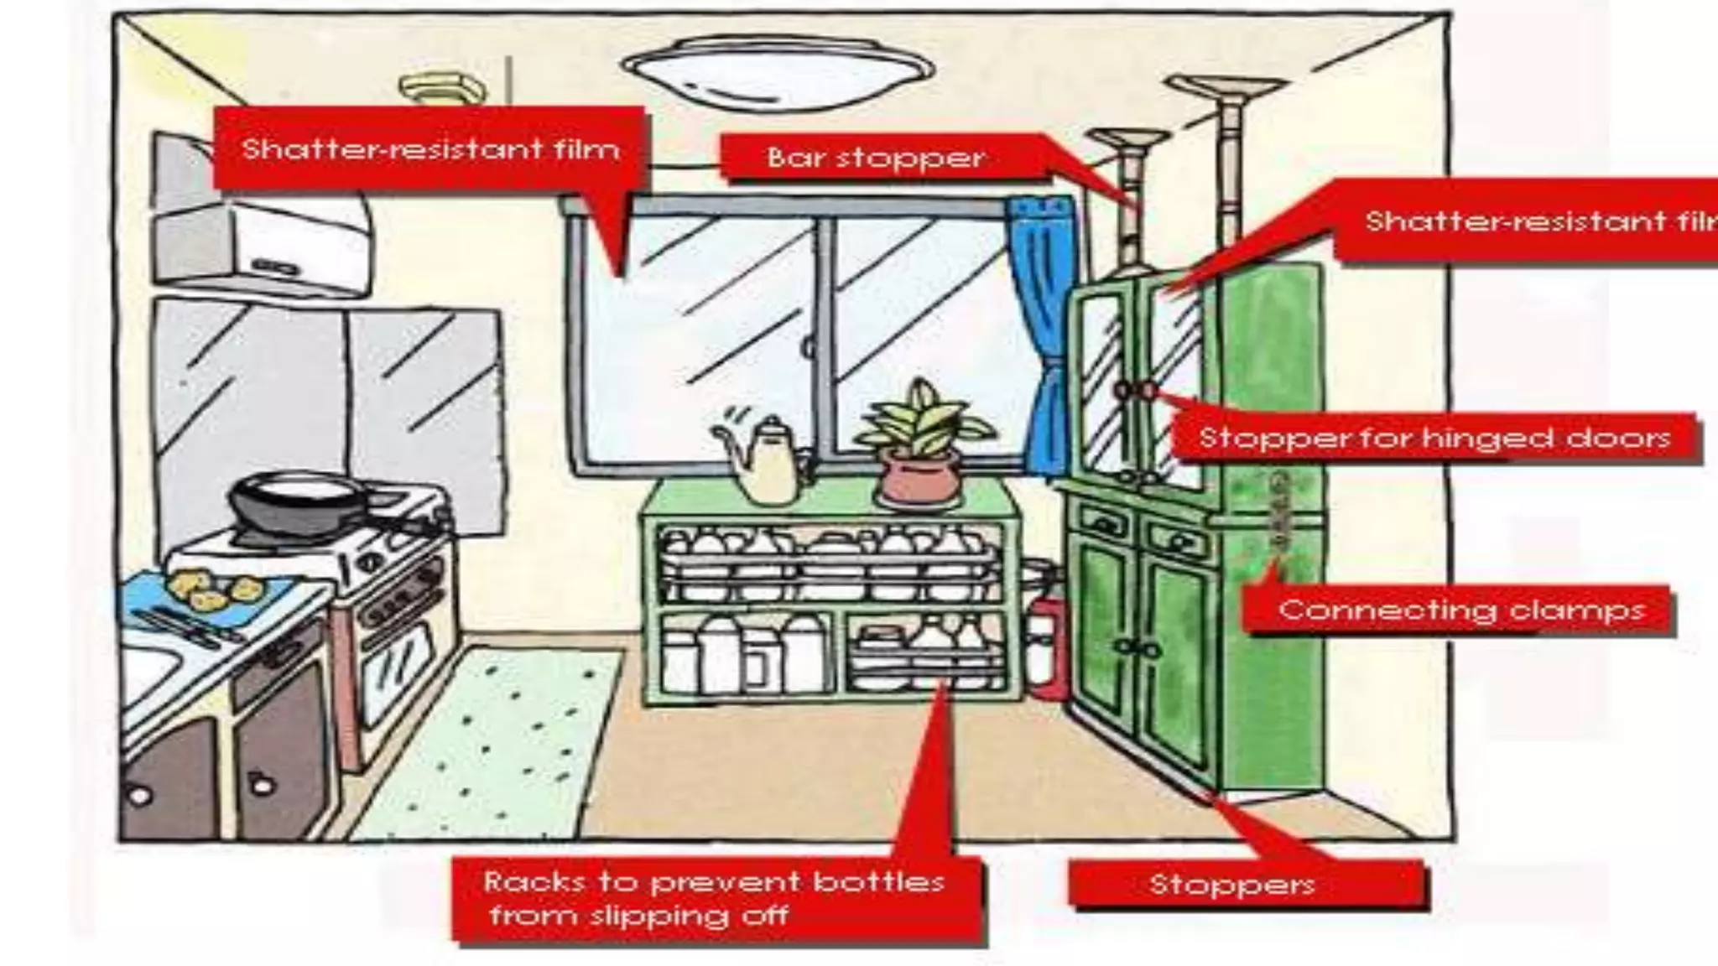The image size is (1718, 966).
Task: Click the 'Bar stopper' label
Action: click(875, 158)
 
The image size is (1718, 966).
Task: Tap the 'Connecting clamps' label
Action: click(1460, 610)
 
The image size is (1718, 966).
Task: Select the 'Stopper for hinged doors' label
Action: click(1434, 438)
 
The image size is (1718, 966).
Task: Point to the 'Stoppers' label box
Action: click(1231, 884)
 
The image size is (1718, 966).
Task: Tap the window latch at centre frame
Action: click(809, 346)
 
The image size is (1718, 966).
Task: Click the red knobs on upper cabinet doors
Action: click(1135, 390)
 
